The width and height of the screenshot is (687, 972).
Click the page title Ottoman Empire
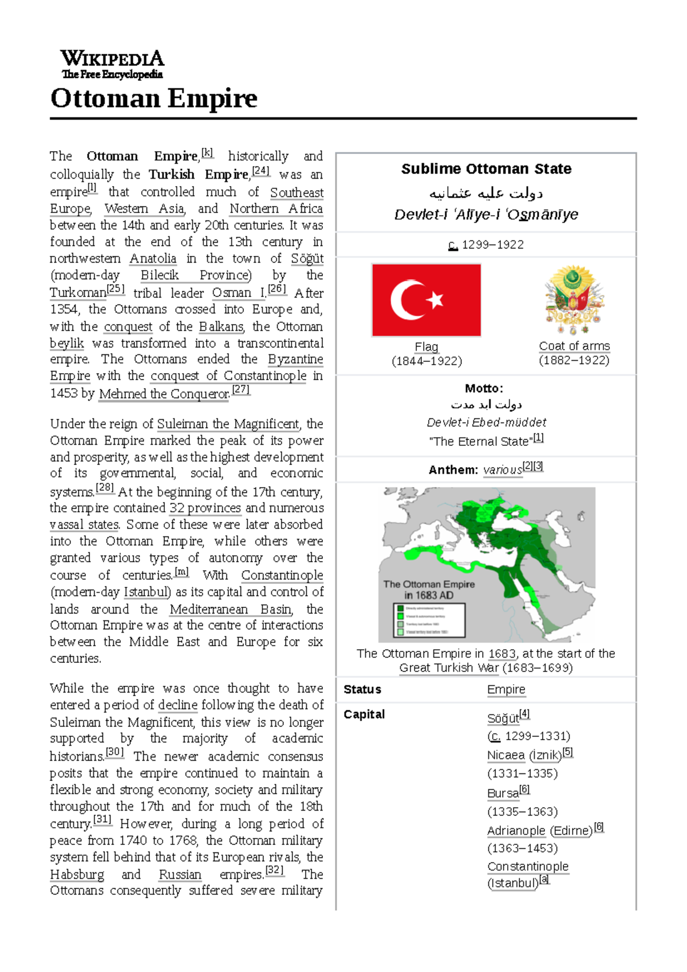[154, 98]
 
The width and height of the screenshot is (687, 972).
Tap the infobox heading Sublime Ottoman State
[486, 169]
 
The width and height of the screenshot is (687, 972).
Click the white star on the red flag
[435, 299]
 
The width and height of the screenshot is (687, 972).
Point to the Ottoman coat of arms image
[574, 299]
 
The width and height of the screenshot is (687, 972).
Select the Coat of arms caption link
[574, 346]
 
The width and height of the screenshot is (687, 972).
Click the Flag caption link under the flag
[427, 346]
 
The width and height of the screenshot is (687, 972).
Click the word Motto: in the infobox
[484, 388]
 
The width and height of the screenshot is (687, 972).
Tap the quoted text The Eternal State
[481, 441]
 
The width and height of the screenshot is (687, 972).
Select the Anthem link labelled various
[502, 470]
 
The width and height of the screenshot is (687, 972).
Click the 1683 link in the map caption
[502, 654]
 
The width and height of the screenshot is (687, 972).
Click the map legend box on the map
[429, 620]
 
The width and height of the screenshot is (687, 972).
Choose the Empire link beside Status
[506, 690]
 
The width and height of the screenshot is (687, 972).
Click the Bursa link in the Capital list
[503, 793]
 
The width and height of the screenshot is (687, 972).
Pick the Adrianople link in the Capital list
[516, 831]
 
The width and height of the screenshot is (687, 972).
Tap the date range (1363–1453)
[522, 848]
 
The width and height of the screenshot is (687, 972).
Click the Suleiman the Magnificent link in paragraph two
[228, 424]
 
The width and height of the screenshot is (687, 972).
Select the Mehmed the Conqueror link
[164, 394]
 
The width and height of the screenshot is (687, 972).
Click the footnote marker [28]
[105, 488]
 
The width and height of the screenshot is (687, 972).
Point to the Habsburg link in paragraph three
[77, 875]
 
